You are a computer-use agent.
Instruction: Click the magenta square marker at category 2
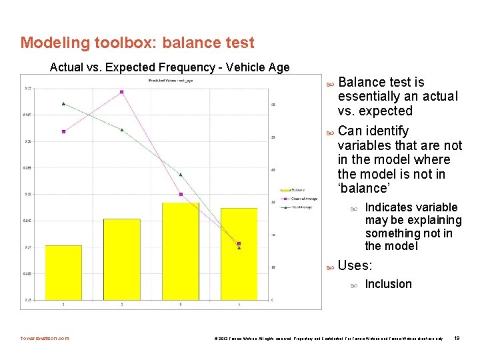(x=122, y=92)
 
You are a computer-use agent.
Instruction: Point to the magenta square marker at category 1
(x=63, y=131)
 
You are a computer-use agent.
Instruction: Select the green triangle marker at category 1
(x=63, y=103)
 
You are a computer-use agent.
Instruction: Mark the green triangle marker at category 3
(x=181, y=175)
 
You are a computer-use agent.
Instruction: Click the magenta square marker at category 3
(x=181, y=194)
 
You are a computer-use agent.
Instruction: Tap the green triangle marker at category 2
(x=122, y=129)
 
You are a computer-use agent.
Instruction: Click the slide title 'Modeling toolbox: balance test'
(x=137, y=43)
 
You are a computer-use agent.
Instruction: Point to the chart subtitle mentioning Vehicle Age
(x=170, y=67)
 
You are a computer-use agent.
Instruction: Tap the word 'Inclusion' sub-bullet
(x=388, y=284)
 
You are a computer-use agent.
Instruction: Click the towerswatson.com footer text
(x=45, y=339)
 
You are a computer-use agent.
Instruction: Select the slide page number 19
(x=457, y=339)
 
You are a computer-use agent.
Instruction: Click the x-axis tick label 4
(x=239, y=305)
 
